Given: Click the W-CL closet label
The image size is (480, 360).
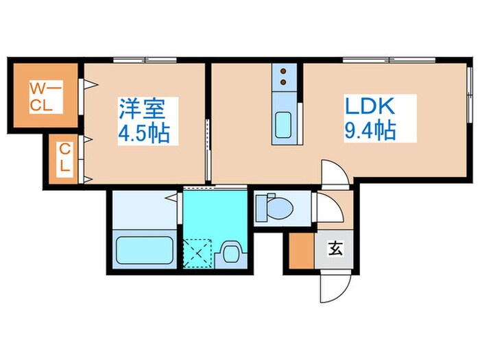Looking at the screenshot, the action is point(46,97).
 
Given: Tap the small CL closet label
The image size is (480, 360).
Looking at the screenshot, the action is point(64,157).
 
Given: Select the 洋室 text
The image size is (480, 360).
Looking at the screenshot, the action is point(142,108).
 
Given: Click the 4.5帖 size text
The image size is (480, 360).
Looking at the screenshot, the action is point(144,133).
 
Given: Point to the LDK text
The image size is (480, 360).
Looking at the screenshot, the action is point(370,106).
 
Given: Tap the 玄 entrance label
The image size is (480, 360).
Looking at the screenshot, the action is point(335,249).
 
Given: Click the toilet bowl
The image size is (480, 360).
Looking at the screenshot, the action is point(280,208).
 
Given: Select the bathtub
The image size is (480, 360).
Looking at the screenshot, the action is point(144,250).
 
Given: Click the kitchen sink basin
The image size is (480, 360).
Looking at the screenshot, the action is point(283,125).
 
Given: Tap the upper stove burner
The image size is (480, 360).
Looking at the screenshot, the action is point(283,71).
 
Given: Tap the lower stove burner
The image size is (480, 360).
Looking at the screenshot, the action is point(283,82).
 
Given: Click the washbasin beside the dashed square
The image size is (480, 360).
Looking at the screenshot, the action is point(231,253).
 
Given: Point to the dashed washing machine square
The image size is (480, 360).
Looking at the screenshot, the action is point(197,253).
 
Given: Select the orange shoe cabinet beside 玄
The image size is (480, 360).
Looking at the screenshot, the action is point(302,251).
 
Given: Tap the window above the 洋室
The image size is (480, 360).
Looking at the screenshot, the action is point(145,60).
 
